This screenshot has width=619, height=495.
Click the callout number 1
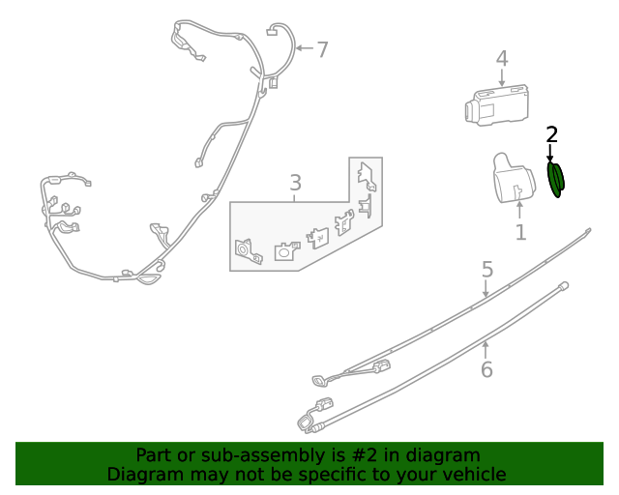(x=520, y=232)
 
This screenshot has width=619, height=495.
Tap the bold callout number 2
(x=551, y=134)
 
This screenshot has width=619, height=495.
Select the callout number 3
(x=295, y=183)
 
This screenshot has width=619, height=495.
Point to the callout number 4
(x=502, y=59)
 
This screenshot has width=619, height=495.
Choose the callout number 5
(x=487, y=270)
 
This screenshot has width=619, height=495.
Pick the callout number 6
(x=486, y=368)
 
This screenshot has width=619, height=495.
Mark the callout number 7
(x=323, y=49)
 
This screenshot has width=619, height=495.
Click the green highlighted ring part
(x=556, y=180)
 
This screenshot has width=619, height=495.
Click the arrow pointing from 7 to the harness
(x=303, y=48)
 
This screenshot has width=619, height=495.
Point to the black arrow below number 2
(x=550, y=153)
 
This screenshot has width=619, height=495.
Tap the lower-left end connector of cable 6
(x=309, y=420)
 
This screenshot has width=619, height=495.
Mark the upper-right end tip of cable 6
(x=563, y=284)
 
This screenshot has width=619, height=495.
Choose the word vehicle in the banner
(x=474, y=475)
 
